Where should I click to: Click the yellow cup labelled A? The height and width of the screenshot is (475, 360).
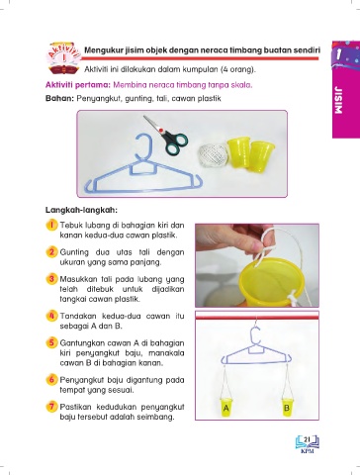pyautogui.click(x=226, y=408)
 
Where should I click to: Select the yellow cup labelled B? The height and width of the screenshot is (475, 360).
pyautogui.click(x=287, y=408)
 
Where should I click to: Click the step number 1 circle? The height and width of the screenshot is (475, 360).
pyautogui.click(x=51, y=226)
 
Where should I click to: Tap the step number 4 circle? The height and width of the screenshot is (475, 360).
pyautogui.click(x=51, y=316)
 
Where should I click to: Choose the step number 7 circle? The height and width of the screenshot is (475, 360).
pyautogui.click(x=51, y=407)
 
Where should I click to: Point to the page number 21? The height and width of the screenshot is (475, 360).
pyautogui.click(x=307, y=439)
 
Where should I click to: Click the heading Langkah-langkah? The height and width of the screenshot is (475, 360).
pyautogui.click(x=81, y=210)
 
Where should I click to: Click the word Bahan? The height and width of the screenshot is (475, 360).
pyautogui.click(x=59, y=98)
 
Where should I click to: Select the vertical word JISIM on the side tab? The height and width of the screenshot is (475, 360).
pyautogui.click(x=338, y=100)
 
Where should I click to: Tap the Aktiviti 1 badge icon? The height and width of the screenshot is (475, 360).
pyautogui.click(x=64, y=58)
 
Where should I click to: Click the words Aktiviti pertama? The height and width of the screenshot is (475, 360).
pyautogui.click(x=77, y=85)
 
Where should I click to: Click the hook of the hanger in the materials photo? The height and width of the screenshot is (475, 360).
pyautogui.click(x=145, y=146)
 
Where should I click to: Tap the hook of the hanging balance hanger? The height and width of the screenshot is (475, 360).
pyautogui.click(x=257, y=335)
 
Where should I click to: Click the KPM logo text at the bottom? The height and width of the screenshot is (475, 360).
pyautogui.click(x=308, y=450)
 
